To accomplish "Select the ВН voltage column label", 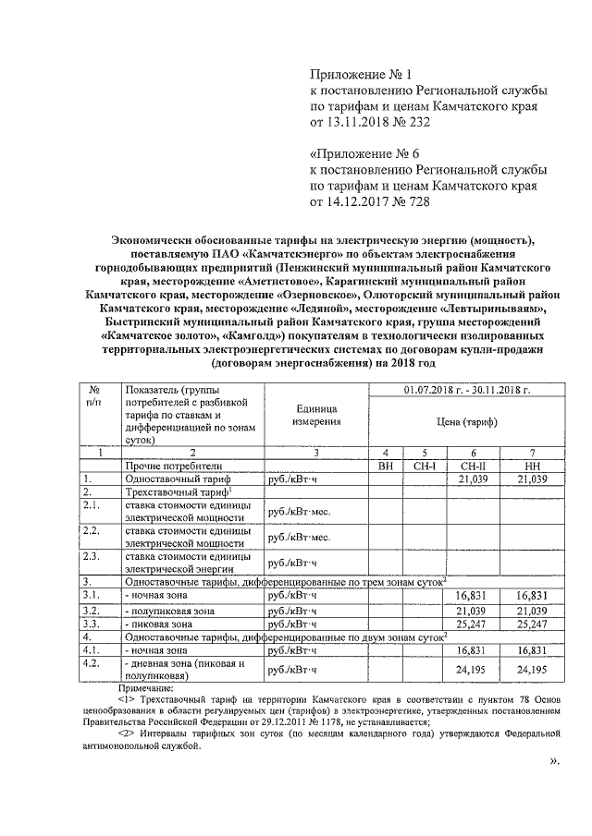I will [x=387, y=466].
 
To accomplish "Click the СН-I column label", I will [x=424, y=466].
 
